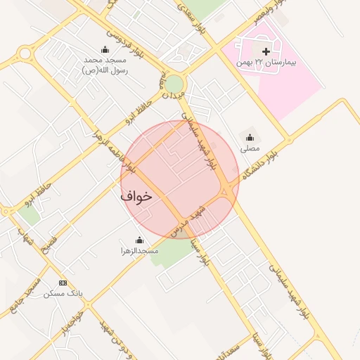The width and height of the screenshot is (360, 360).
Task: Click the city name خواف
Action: [136, 196]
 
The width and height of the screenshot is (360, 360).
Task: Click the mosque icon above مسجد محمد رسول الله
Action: [105, 49]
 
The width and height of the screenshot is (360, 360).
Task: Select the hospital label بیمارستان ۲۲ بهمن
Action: [266, 63]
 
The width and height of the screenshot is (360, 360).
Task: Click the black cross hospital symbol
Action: [266, 51]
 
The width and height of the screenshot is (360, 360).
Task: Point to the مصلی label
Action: [250, 149]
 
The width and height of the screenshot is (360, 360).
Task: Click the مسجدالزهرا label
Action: [138, 250]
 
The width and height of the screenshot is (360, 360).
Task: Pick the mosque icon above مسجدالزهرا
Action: [138, 239]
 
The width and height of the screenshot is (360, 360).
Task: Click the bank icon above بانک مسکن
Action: [63, 283]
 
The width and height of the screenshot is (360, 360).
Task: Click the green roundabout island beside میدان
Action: [174, 84]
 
